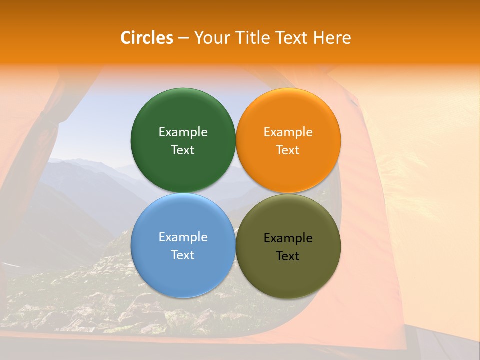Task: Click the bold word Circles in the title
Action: coord(147,38)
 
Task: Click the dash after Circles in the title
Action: coord(183,38)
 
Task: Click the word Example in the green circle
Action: coord(183,132)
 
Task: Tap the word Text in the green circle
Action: coord(183,150)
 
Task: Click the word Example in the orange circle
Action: coord(288,132)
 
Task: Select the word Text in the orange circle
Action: coord(288,150)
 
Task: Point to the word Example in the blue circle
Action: coord(183,237)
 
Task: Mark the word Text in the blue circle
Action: coord(183,255)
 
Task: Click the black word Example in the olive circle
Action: coord(288,238)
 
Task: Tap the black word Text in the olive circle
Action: coord(288,256)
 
